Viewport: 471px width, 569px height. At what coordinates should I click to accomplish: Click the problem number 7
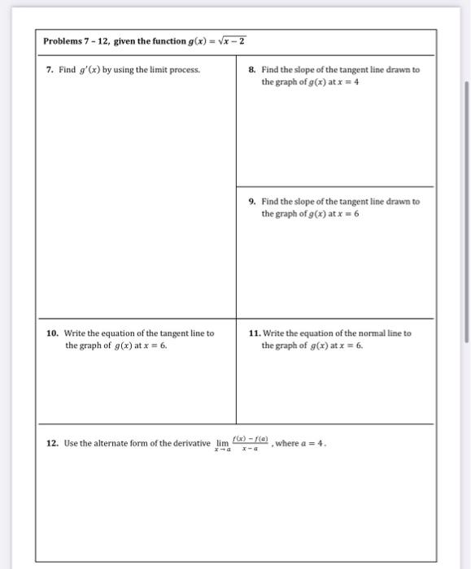pyautogui.click(x=50, y=70)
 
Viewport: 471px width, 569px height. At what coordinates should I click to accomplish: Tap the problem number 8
pyautogui.click(x=252, y=70)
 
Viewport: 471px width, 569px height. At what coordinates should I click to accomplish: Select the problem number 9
pyautogui.click(x=252, y=202)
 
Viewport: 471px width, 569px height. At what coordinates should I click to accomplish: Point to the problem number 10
pyautogui.click(x=52, y=333)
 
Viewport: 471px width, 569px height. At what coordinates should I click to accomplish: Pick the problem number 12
pyautogui.click(x=52, y=444)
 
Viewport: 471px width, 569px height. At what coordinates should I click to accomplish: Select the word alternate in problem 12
pyautogui.click(x=111, y=444)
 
